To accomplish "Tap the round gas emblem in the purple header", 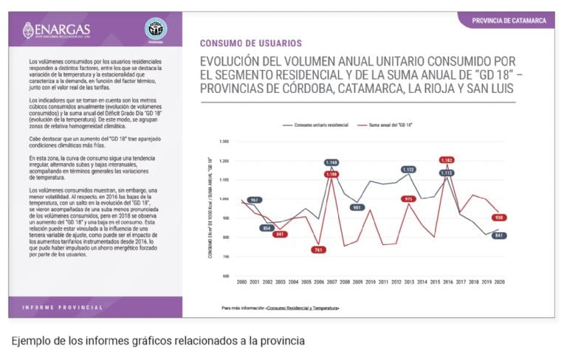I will pyautogui.click(x=155, y=30).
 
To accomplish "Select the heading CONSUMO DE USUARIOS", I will pyautogui.click(x=250, y=44).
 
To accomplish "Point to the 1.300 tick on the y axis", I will pyautogui.click(x=225, y=141).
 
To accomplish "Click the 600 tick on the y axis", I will pyautogui.click(x=226, y=276).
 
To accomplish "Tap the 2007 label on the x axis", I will pyautogui.click(x=331, y=283).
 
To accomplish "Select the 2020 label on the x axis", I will pyautogui.click(x=498, y=283).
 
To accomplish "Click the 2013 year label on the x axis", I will pyautogui.click(x=408, y=283).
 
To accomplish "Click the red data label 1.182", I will pyautogui.click(x=447, y=160).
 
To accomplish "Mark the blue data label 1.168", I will pyautogui.click(x=331, y=162).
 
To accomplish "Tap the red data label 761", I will pyautogui.click(x=318, y=250).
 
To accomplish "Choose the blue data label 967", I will pyautogui.click(x=254, y=200).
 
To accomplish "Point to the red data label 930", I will pyautogui.click(x=499, y=218).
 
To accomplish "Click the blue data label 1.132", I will pyautogui.click(x=408, y=169).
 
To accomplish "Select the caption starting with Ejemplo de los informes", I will pyautogui.click(x=158, y=342).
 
